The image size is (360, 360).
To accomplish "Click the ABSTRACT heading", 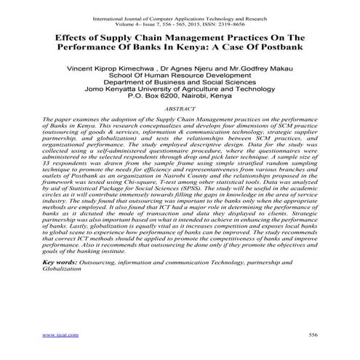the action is (180, 106).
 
